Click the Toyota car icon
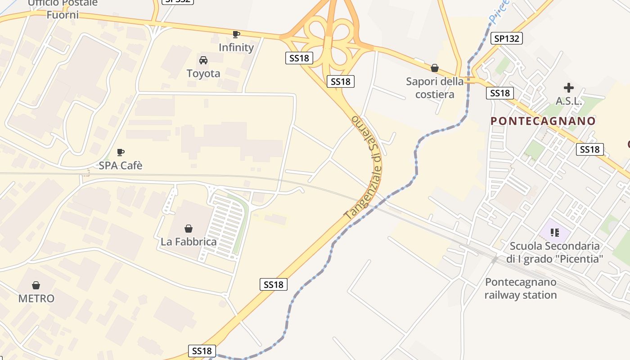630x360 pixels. [203, 60]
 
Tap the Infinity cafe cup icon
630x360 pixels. [236, 34]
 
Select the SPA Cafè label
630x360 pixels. [121, 166]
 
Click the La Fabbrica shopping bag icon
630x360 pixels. [189, 229]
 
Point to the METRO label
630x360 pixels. [36, 298]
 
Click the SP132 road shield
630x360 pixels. [506, 39]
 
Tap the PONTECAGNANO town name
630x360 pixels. [543, 121]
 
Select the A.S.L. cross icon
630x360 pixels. [569, 88]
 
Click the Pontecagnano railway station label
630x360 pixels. [521, 289]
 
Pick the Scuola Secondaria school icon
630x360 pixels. [555, 233]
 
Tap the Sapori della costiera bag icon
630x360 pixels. [435, 68]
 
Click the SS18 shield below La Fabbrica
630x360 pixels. [274, 284]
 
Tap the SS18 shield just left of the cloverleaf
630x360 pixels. [299, 58]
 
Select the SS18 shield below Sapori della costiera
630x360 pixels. [500, 93]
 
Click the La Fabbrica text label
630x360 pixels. [189, 242]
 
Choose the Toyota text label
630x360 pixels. [203, 73]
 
